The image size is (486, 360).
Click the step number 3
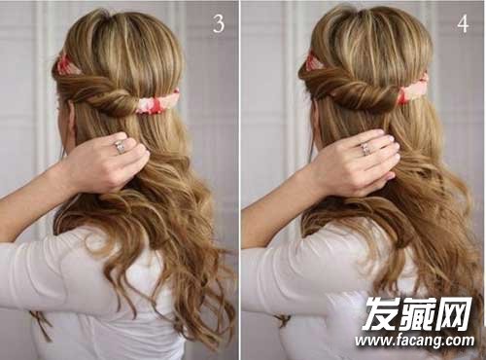point(219,23)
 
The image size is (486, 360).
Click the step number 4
point(463,24)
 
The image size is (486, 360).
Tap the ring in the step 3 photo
point(119,147)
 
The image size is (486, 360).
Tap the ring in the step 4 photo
point(365,148)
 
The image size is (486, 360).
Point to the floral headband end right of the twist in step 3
point(157,102)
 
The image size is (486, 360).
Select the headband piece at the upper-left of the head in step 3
point(65,66)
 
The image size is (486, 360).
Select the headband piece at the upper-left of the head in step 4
point(313,61)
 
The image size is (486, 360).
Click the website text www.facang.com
point(414,341)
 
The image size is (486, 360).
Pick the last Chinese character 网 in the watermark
point(454,313)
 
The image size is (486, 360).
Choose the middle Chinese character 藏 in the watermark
point(417,313)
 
